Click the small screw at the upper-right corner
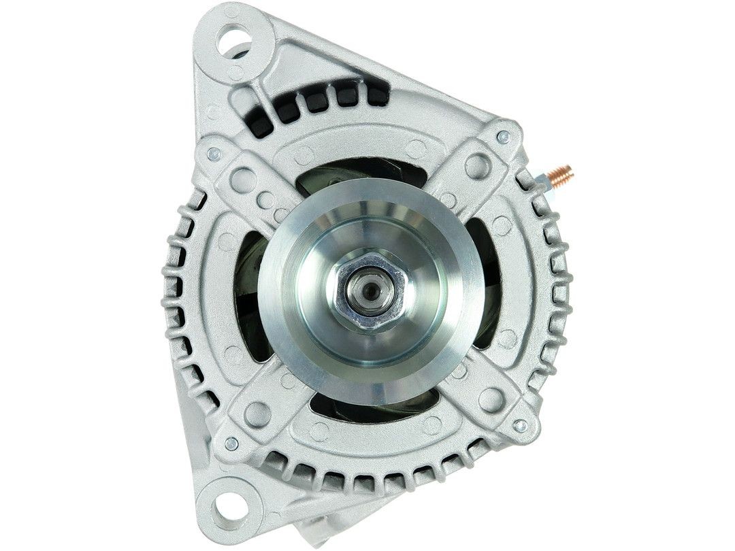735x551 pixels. coord(503,137)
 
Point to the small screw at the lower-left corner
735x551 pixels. coord(231,444)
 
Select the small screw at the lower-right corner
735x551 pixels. coord(520,426)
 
